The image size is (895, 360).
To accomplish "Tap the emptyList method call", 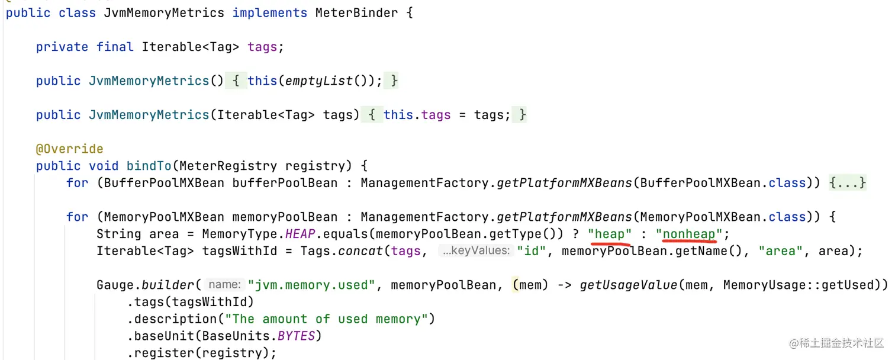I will (318, 81).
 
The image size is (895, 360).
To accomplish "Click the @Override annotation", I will (69, 149).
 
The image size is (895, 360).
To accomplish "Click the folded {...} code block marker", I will (848, 183).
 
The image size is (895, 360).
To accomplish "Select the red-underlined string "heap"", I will (610, 234).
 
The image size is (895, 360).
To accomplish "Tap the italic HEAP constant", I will (300, 234).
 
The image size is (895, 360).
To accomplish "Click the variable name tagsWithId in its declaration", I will (240, 251).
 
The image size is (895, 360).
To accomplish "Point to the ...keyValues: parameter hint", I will (476, 251).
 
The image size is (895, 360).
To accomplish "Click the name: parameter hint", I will (225, 285).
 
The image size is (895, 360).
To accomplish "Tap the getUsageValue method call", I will (627, 285).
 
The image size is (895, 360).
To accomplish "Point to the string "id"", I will (531, 251).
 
